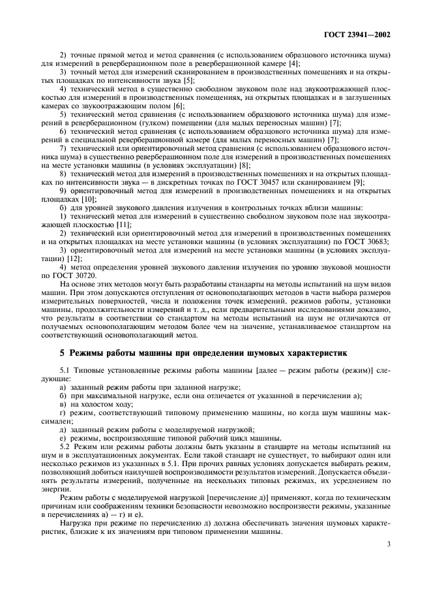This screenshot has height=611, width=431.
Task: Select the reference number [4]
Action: (295, 63)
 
